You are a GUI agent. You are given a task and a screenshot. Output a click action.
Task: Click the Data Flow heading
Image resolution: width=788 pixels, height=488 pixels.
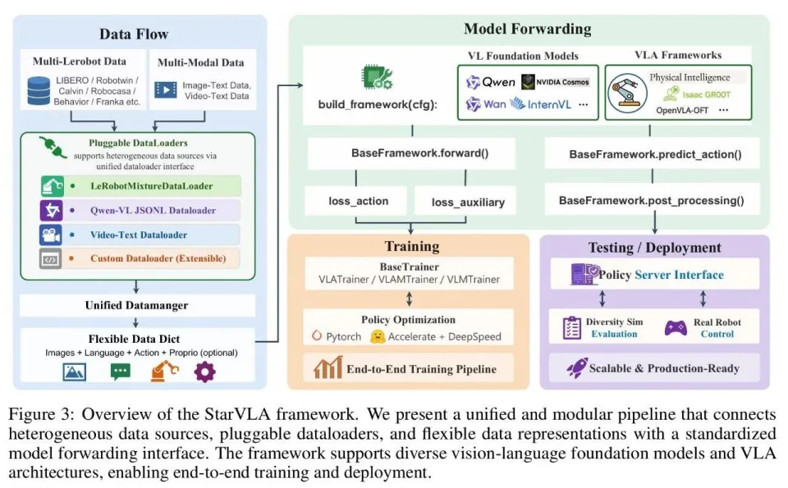(x=134, y=34)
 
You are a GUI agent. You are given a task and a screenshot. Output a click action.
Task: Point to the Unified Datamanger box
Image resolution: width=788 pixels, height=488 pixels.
(x=137, y=305)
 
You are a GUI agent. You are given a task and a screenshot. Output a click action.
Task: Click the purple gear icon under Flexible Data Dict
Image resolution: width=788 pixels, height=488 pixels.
(x=204, y=372)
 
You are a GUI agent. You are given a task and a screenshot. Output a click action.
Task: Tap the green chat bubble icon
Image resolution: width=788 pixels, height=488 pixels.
(x=121, y=372)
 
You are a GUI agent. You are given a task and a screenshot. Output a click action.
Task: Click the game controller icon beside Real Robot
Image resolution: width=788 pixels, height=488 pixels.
(x=676, y=328)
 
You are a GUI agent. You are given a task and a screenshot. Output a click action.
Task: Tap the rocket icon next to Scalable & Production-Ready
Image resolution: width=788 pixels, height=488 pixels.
(x=577, y=368)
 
